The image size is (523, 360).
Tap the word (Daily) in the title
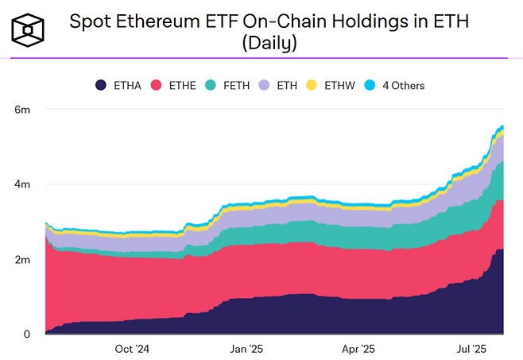tap(269, 44)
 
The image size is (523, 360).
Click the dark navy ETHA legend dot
tap(101, 85)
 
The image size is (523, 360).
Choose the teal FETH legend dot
tap(210, 85)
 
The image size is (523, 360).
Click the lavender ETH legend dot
tap(263, 85)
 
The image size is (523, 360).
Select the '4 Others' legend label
tap(405, 85)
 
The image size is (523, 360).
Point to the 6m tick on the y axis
tap(23, 109)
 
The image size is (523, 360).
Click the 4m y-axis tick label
tap(23, 184)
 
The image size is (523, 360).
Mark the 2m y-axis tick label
tap(23, 260)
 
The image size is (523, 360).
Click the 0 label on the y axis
tap(26, 335)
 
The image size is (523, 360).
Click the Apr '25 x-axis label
tap(357, 348)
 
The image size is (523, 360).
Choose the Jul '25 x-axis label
tap(470, 348)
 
